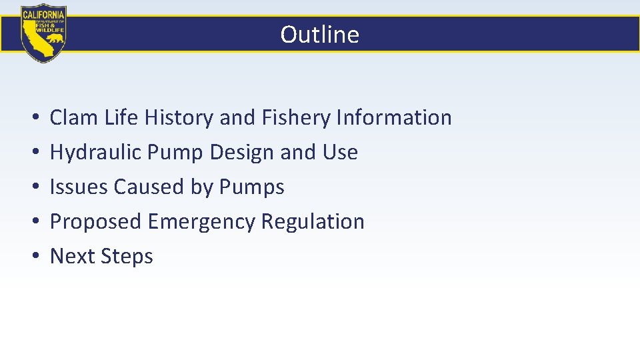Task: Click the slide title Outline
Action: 319,34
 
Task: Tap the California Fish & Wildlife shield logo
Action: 43,33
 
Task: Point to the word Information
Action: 394,118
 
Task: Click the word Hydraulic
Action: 95,153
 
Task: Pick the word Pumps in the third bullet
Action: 251,187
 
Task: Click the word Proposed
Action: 96,222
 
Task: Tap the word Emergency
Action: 201,222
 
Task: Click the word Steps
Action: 127,257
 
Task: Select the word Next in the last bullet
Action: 71,257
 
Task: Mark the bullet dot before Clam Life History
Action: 33,119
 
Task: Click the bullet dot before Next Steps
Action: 33,257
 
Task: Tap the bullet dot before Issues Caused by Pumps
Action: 33,188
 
